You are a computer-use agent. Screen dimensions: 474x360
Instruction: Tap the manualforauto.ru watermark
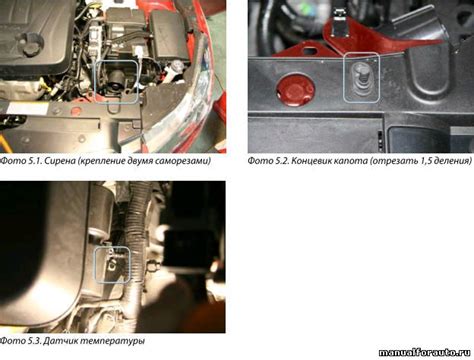(424, 352)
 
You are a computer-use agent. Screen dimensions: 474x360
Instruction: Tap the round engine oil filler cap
(33, 44)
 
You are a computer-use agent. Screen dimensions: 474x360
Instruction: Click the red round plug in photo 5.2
(295, 90)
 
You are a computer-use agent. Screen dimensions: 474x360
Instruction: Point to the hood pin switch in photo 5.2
(360, 78)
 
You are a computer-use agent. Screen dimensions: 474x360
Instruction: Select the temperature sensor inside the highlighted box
(112, 263)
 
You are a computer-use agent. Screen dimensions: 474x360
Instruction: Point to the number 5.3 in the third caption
(34, 341)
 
